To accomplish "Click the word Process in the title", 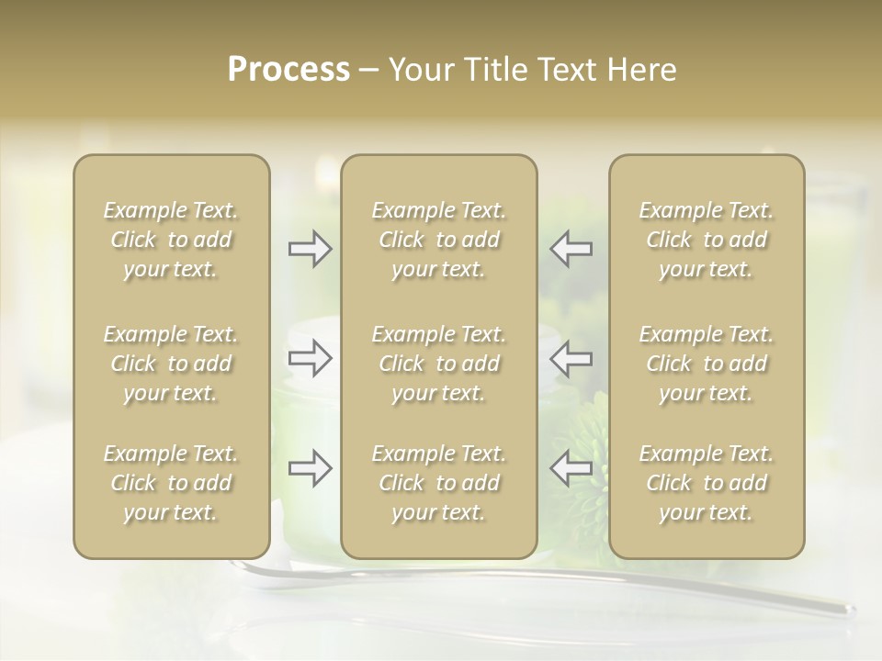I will [288, 70].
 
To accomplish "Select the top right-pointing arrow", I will [311, 249].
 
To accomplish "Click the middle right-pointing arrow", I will [311, 358].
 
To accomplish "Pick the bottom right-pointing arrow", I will [311, 468].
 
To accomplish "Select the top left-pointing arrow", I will [571, 249].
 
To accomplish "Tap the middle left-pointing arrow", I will [571, 358].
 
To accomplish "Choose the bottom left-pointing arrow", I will [571, 468].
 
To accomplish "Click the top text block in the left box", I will [171, 241].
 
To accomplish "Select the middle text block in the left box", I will [171, 364].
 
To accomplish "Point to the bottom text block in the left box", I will [171, 483].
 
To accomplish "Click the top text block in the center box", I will [439, 241].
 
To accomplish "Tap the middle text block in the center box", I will [439, 364].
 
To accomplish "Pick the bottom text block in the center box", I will [439, 483].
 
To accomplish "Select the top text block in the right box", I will [707, 241].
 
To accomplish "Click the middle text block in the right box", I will [707, 364].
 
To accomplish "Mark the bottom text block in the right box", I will [707, 483].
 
